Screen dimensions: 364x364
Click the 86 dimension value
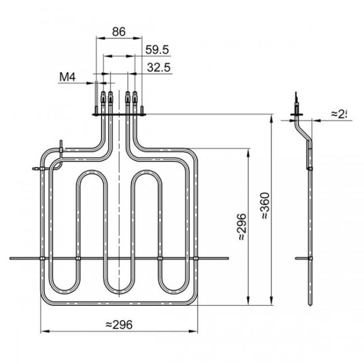pyautogui.click(x=119, y=32)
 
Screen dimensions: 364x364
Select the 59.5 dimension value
pyautogui.click(x=157, y=50)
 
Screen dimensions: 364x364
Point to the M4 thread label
pyautogui.click(x=68, y=77)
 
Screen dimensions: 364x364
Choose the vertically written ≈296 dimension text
pyautogui.click(x=241, y=227)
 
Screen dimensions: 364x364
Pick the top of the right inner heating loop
pyautogui.click(x=148, y=175)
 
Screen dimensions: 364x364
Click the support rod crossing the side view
pyautogui.click(x=307, y=258)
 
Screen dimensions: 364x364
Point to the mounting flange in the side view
pyautogui.click(x=297, y=117)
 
